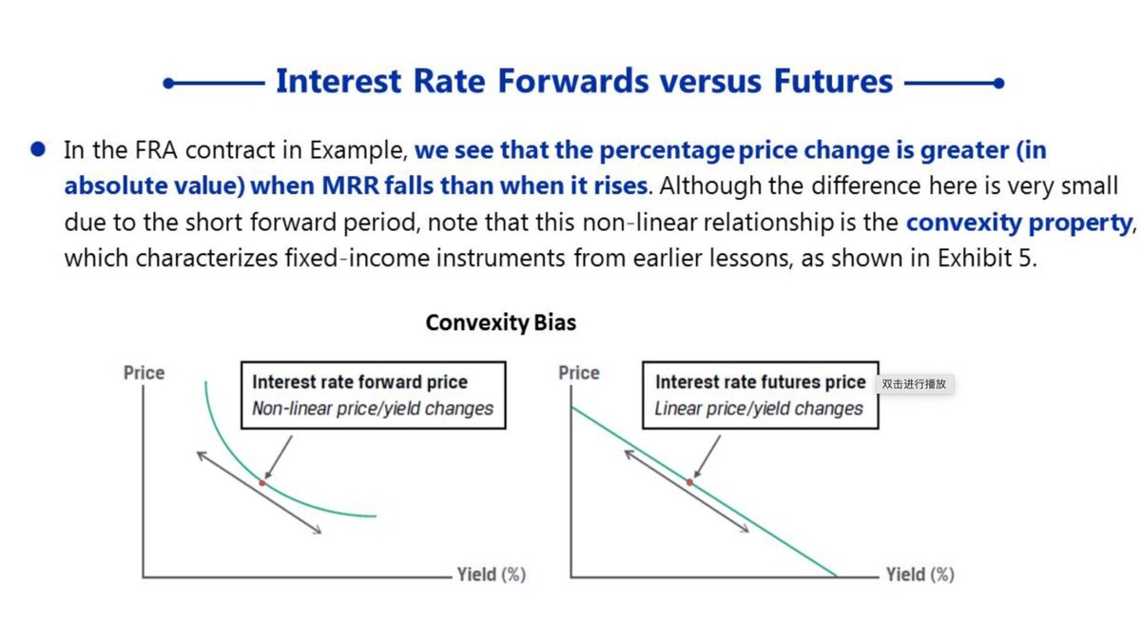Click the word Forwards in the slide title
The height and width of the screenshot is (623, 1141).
[573, 81]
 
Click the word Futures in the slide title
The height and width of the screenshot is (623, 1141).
[833, 81]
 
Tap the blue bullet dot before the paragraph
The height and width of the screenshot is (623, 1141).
[38, 149]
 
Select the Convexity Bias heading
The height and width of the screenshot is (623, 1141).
[501, 322]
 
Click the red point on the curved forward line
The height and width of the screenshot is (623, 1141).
[262, 483]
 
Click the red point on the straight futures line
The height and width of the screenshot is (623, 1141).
[689, 482]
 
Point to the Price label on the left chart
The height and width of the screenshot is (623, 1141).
[145, 373]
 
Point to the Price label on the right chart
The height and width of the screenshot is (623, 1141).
[579, 373]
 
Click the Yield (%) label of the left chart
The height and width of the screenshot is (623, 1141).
[491, 574]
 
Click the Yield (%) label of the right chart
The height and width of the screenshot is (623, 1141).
[920, 574]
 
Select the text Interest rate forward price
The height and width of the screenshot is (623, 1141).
[359, 382]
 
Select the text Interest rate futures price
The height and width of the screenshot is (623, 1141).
[761, 382]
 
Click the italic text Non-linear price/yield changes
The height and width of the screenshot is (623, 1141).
[373, 409]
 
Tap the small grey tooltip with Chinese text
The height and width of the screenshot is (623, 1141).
[915, 384]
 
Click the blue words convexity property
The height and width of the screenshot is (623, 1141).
[1019, 223]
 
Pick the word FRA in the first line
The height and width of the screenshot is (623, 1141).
[156, 149]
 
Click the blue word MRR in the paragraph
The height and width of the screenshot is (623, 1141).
[351, 185]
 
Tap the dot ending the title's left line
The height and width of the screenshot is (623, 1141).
[168, 83]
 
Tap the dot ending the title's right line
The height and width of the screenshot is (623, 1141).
[998, 83]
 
